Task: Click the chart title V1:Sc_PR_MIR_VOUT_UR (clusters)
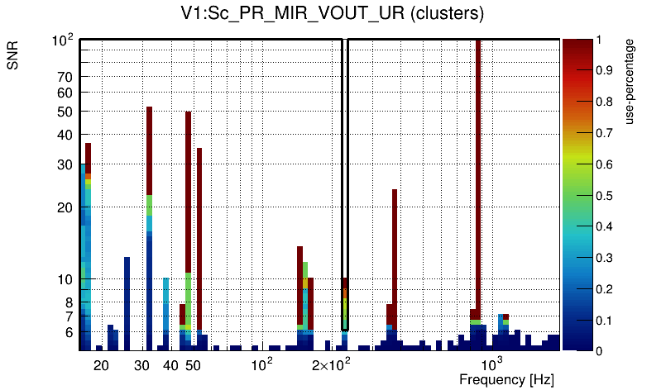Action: [332, 14]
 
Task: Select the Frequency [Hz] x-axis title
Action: [506, 379]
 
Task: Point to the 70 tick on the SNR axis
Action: [65, 77]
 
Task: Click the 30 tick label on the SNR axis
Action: [65, 164]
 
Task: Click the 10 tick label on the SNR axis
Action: [65, 279]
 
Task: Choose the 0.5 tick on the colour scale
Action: [605, 195]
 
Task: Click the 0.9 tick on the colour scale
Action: [605, 70]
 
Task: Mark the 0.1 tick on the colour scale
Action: [605, 320]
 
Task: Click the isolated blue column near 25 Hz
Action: [127, 302]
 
